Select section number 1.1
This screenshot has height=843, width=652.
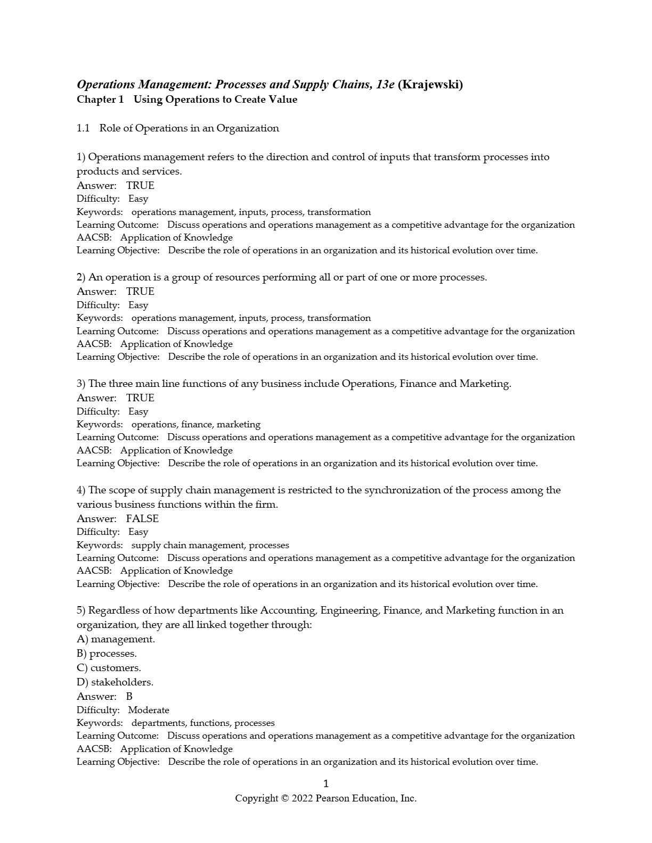pyautogui.click(x=83, y=128)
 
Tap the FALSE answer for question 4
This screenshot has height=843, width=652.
pyautogui.click(x=142, y=519)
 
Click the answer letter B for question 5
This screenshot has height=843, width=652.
pyautogui.click(x=129, y=697)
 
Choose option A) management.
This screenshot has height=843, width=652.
pyautogui.click(x=116, y=639)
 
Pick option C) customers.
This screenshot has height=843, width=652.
pyautogui.click(x=109, y=668)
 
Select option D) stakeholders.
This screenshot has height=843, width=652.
pyautogui.click(x=115, y=682)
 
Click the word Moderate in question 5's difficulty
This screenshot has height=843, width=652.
pyautogui.click(x=149, y=710)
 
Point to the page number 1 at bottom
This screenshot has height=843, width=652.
pyautogui.click(x=326, y=783)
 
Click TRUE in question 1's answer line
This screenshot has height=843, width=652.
pyautogui.click(x=140, y=186)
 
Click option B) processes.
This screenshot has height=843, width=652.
pyautogui.click(x=107, y=654)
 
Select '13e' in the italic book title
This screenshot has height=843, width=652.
pyautogui.click(x=385, y=85)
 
